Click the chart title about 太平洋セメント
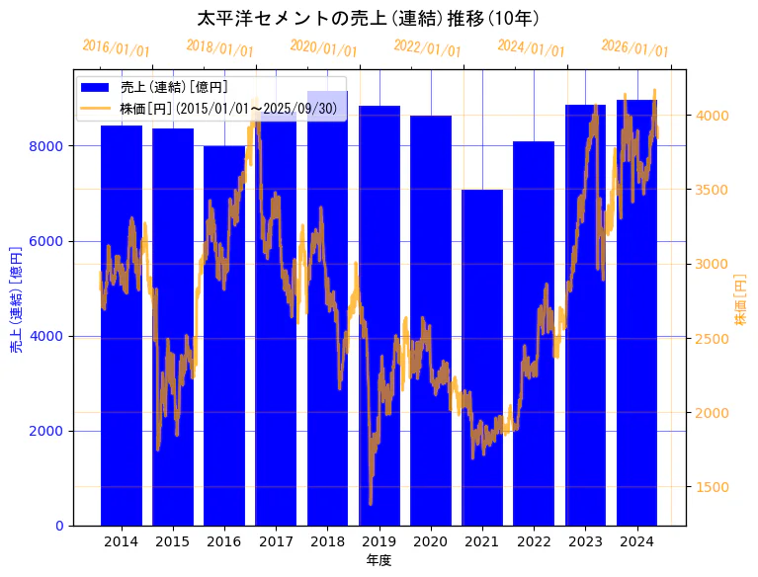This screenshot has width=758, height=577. point(368,19)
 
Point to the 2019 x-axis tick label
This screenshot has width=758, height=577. point(379,541)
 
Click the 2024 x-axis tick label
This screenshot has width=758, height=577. point(637,541)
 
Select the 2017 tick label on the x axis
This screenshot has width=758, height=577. point(276,541)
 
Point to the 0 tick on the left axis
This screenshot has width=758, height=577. point(59,526)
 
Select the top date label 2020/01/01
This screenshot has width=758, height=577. point(323,47)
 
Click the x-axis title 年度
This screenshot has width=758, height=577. point(379,560)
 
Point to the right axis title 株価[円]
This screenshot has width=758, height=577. point(741,300)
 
